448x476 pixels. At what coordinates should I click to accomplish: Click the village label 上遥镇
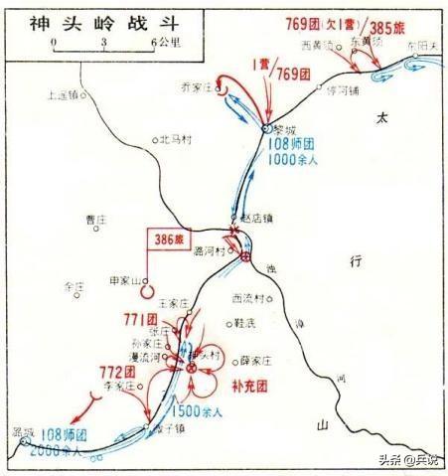click(64, 96)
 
